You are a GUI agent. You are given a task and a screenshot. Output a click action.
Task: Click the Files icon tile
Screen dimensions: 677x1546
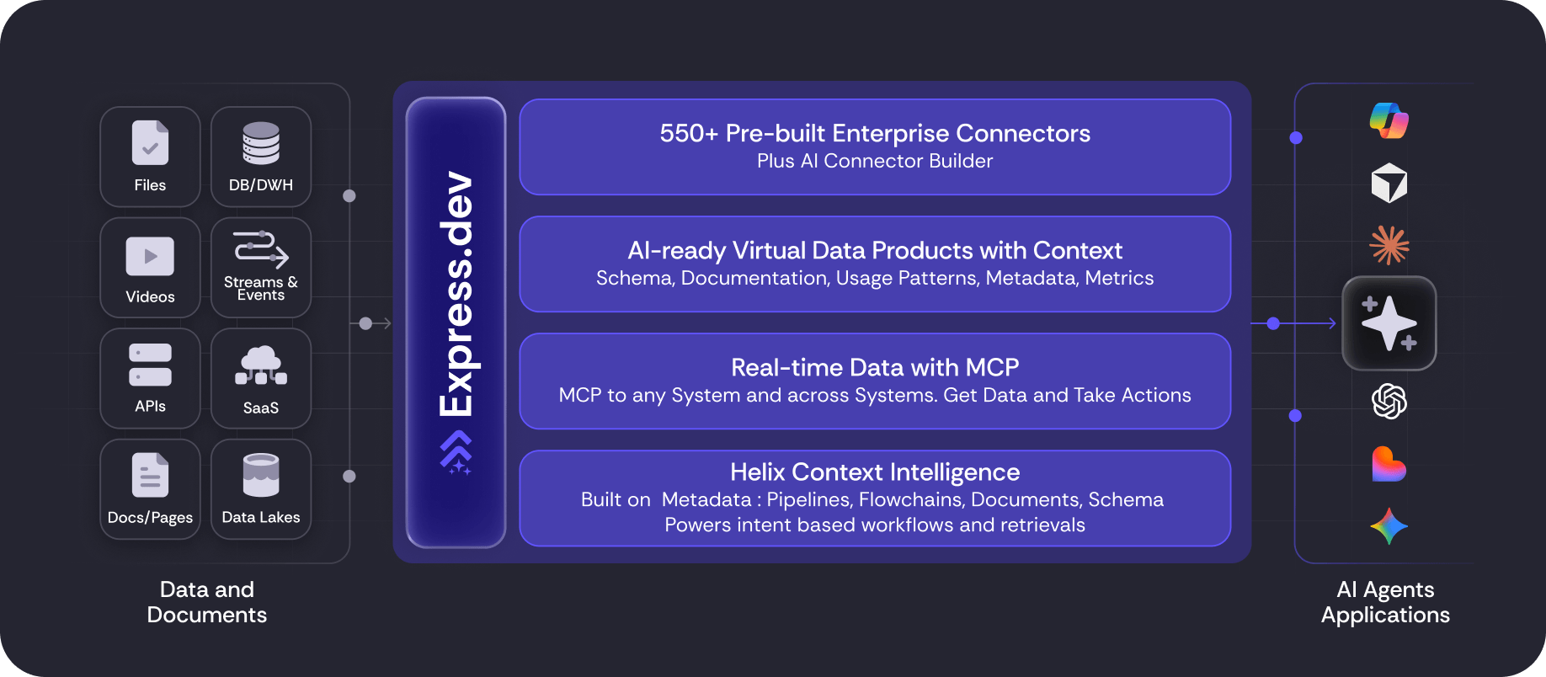pos(150,157)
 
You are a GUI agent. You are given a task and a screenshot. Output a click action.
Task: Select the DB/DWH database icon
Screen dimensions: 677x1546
pos(261,143)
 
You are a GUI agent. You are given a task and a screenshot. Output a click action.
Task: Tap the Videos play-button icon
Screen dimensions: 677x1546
pos(150,256)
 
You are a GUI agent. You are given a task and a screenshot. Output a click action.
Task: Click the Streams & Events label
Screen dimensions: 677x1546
pos(261,289)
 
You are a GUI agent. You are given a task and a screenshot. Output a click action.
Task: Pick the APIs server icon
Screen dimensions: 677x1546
pos(150,365)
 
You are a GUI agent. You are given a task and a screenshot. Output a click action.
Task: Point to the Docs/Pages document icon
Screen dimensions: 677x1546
pos(150,475)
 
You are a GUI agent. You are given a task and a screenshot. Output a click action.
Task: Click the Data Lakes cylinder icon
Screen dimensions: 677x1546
pos(261,475)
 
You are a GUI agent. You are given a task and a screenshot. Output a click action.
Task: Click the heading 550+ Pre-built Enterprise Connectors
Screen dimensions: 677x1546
pos(875,133)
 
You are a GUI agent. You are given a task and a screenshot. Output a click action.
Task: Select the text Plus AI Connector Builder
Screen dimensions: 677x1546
pos(875,161)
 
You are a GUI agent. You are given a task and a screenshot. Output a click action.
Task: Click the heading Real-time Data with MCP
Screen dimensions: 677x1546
pos(875,367)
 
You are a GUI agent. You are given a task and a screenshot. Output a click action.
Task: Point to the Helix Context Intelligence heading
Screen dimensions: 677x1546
pos(875,472)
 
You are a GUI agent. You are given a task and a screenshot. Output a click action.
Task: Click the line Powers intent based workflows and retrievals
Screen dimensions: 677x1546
pos(875,525)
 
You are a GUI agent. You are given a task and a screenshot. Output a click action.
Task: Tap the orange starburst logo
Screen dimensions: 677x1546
pos(1389,245)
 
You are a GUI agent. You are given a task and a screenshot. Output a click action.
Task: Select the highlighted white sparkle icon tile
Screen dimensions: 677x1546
pos(1389,323)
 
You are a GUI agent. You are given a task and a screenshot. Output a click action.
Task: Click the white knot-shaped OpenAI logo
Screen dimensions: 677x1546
pos(1389,401)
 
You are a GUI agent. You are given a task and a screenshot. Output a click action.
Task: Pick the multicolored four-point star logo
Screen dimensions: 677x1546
pos(1389,526)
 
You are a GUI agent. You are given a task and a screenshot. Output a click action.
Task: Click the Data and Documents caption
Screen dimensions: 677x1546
pos(207,602)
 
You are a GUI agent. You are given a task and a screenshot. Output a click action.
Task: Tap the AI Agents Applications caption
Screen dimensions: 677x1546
pos(1385,602)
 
